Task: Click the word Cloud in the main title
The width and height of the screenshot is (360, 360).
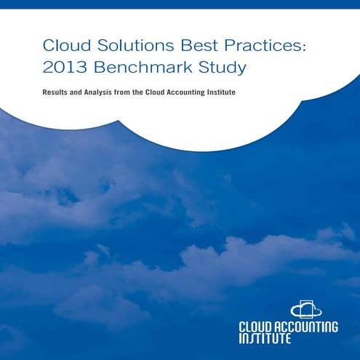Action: tap(62, 47)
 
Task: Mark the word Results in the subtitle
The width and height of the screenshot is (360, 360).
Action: tap(57, 95)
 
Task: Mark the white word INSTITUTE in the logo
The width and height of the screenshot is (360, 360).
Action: tap(265, 339)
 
